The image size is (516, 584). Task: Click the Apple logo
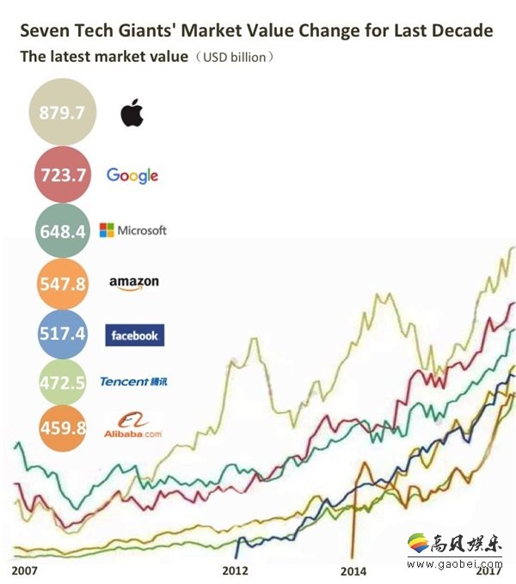pos(132,112)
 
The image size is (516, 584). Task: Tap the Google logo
pos(132,175)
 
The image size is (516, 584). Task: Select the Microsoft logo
pos(132,231)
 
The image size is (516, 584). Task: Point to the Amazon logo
pos(133,283)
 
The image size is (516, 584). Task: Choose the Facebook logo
pos(133,335)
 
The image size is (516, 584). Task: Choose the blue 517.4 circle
pos(63,334)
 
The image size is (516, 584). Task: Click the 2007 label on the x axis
pos(26,570)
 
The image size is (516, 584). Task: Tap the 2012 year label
pos(235,570)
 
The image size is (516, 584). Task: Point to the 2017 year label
pos(489,569)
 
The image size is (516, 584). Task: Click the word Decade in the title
pos(461,31)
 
